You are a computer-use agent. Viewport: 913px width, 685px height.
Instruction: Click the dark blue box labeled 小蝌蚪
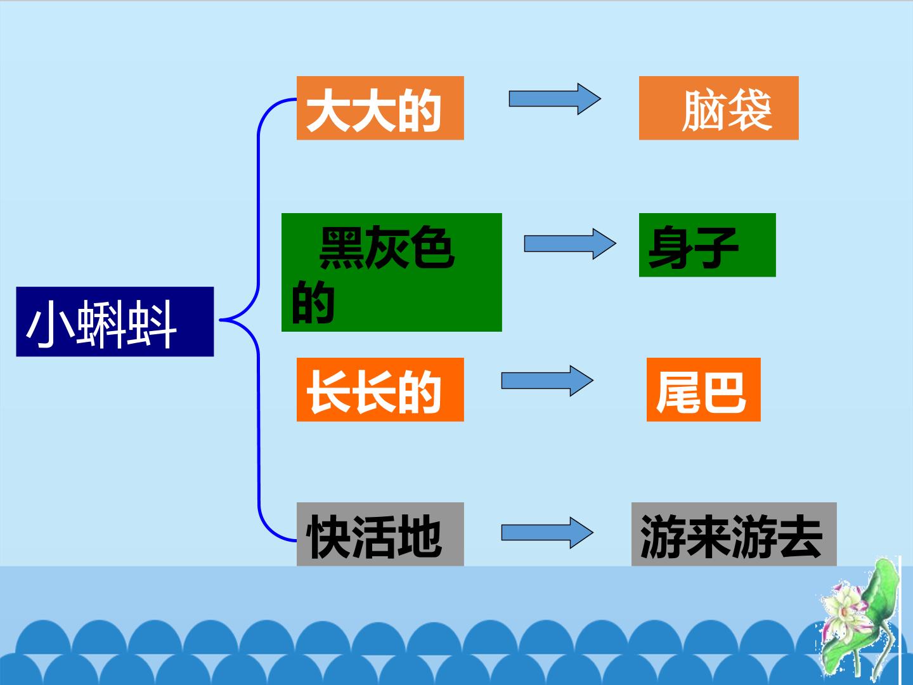(x=115, y=322)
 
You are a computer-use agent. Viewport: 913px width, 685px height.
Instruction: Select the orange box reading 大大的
(x=380, y=108)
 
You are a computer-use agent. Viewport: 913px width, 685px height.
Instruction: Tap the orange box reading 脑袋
(x=719, y=108)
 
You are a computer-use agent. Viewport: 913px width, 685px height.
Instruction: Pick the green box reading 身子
(x=707, y=245)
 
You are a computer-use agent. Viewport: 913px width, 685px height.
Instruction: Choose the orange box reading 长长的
(x=380, y=389)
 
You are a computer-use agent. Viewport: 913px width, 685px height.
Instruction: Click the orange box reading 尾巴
(x=703, y=389)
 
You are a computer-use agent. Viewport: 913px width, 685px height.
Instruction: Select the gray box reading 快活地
(x=380, y=534)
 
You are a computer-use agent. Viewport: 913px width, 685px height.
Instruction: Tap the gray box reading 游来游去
(x=734, y=534)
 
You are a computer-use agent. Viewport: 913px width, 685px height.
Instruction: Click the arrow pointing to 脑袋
(x=555, y=99)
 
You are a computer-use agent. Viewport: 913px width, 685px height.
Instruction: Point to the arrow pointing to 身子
(x=570, y=244)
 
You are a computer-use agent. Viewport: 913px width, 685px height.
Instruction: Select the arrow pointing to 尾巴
(x=547, y=381)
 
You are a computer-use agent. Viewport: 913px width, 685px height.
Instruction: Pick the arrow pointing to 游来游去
(x=547, y=533)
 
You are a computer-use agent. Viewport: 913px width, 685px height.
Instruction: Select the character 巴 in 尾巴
(x=724, y=393)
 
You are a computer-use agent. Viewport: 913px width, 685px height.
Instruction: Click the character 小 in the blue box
(x=51, y=324)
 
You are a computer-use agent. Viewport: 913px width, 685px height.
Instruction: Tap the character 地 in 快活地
(x=419, y=536)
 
